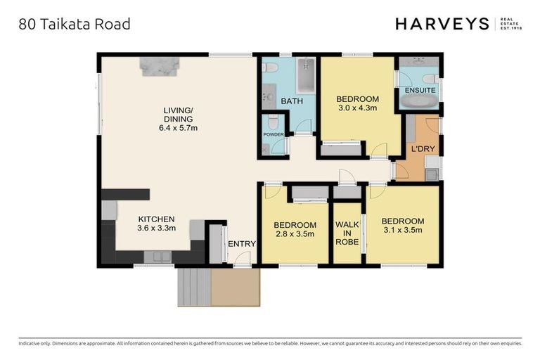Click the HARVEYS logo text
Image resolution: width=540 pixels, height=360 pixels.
coord(442,24)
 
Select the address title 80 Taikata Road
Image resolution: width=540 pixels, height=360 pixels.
coord(74,25)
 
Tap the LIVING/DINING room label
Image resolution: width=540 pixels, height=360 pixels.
coord(178,114)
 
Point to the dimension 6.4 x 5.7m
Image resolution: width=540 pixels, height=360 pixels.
coord(178,128)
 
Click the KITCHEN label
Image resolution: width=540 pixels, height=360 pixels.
coord(156,219)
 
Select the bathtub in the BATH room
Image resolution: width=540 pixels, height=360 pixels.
coord(305,77)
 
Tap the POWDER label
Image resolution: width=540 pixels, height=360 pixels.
coord(273,134)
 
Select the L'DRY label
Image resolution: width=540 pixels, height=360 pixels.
coord(422,150)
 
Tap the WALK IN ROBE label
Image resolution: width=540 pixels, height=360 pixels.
coord(347,233)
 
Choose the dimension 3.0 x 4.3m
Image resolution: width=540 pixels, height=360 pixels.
coord(357,108)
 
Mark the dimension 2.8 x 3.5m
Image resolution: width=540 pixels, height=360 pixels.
coord(295,235)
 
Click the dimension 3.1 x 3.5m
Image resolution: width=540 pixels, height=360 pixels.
coord(403,230)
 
